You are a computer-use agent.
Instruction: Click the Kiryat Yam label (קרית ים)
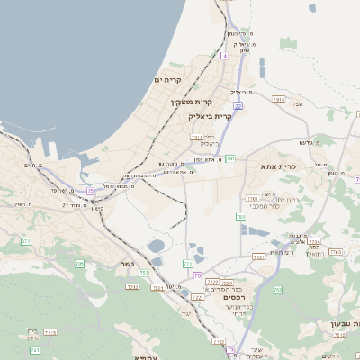(x=168, y=80)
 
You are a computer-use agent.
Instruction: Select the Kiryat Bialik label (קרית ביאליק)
(x=211, y=116)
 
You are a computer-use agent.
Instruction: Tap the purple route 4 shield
(x=224, y=56)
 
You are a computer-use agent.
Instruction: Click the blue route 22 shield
(x=238, y=105)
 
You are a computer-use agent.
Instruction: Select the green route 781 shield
(x=230, y=159)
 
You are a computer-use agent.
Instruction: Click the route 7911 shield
(x=197, y=137)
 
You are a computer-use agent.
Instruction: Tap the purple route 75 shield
(x=90, y=191)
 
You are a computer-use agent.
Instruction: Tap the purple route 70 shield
(x=197, y=274)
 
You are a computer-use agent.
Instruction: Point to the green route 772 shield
(x=187, y=264)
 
